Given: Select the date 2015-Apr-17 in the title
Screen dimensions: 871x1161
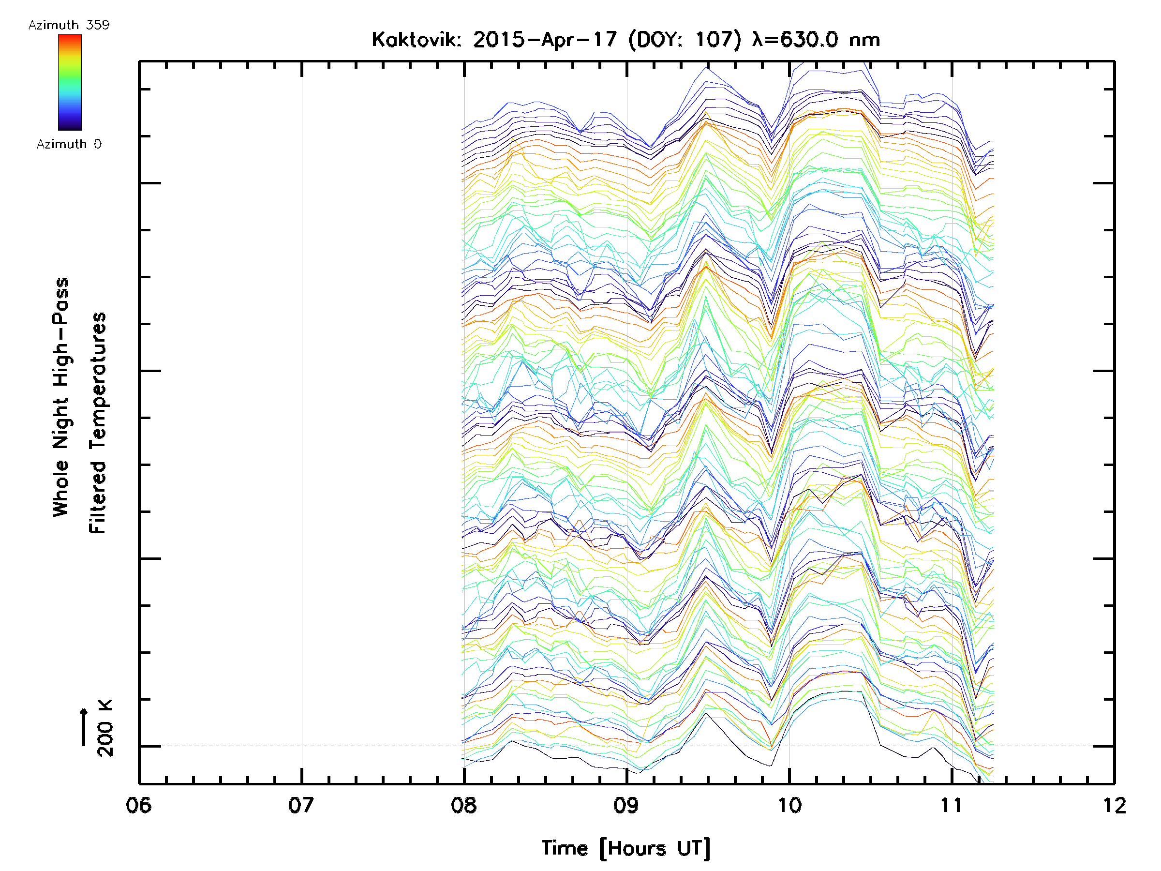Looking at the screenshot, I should (x=545, y=40).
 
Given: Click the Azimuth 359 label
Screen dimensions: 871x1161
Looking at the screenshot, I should (x=69, y=25).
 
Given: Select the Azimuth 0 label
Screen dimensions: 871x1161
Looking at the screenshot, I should (x=69, y=144).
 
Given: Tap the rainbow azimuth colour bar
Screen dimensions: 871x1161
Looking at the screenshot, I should (x=70, y=82).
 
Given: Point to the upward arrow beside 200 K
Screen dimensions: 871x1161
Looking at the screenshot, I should (x=84, y=727).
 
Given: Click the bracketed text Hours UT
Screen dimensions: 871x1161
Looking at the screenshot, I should (x=655, y=848).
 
